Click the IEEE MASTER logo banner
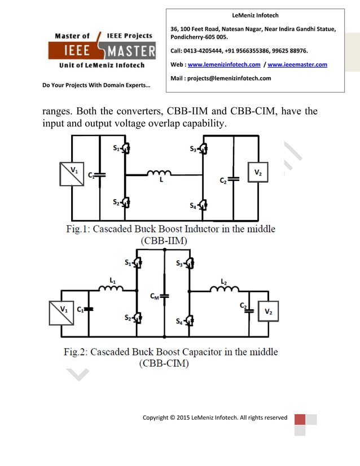click(x=102, y=51)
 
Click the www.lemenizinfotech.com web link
click(x=223, y=65)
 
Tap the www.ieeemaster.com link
click(x=297, y=65)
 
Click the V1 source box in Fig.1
click(x=72, y=174)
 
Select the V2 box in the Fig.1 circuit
click(x=257, y=173)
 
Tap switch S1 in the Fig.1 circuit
click(x=125, y=149)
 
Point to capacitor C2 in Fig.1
click(x=234, y=179)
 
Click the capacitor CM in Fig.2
click(x=164, y=295)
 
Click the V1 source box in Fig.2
click(x=62, y=311)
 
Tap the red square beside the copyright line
click(x=300, y=419)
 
